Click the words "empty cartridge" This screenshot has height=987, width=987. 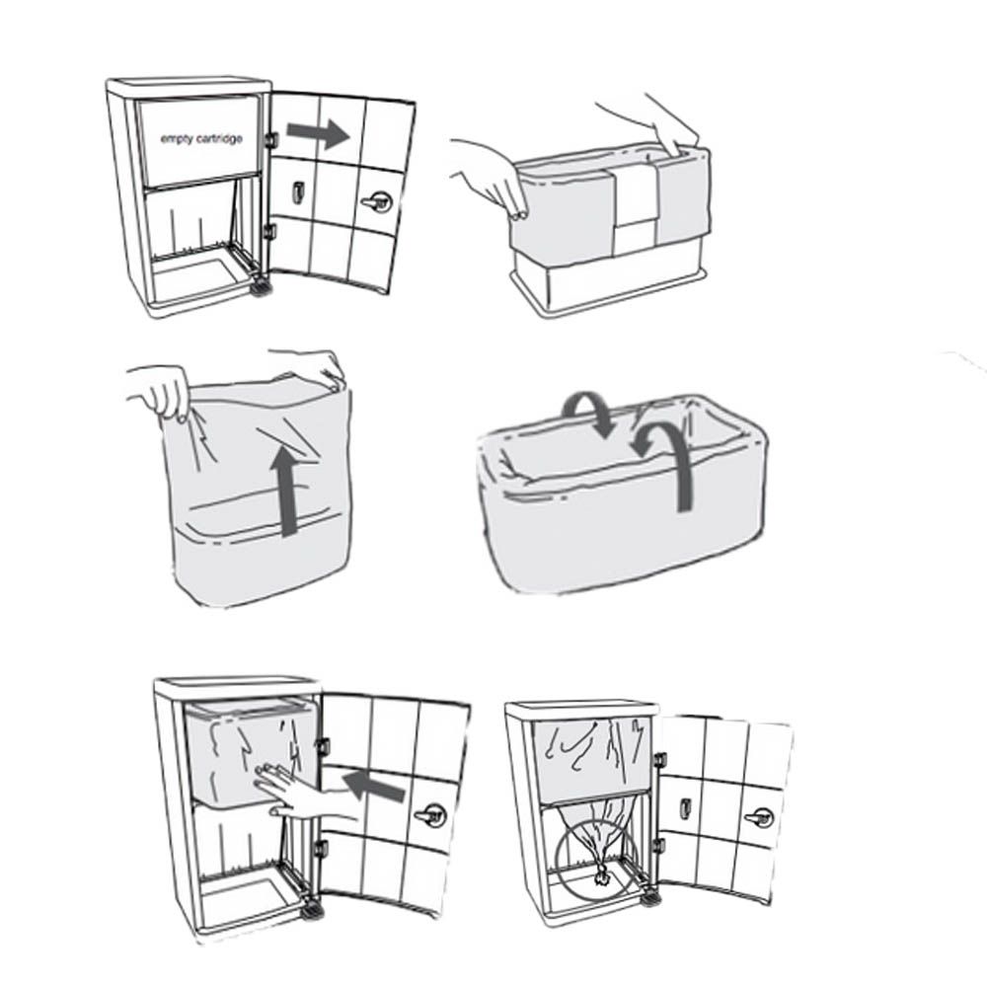coord(201,138)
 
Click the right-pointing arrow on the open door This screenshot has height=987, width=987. coord(317,134)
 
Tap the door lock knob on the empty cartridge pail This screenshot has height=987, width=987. coord(376,202)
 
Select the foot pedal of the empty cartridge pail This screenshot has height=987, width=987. coord(260,287)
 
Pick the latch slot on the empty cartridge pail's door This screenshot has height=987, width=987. coord(297,192)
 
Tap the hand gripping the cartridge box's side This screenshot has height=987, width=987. coord(491,177)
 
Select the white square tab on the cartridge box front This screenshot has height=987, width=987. coord(635,198)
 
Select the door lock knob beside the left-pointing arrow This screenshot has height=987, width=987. coord(430,816)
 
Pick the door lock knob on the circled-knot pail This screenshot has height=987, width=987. coord(759,818)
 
